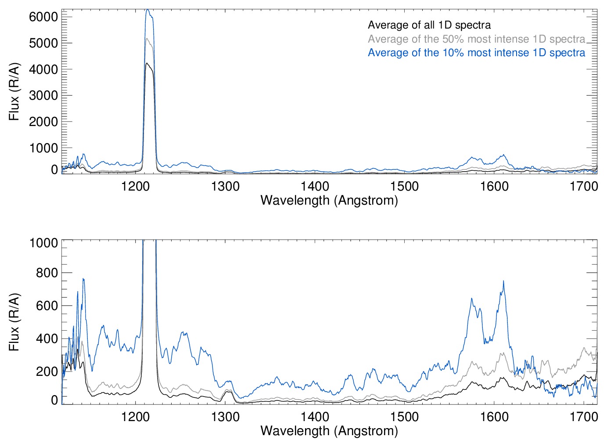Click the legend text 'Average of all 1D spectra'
[429, 25]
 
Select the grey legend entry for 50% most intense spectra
[476, 39]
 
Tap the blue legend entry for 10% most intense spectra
[476, 53]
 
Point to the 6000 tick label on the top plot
[43, 17]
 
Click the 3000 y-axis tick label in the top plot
[43, 95]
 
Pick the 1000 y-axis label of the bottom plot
[43, 243]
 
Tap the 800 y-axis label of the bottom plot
[47, 273]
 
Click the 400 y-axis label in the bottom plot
[47, 339]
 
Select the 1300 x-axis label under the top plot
[225, 186]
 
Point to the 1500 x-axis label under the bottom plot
[404, 416]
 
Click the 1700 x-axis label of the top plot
[584, 186]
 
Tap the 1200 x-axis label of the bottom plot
[135, 416]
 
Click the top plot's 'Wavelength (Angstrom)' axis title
[329, 200]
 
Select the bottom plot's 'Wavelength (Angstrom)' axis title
[329, 431]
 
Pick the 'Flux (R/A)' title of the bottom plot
[14, 322]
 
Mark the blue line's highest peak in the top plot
[148, 10]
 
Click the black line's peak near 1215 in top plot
[148, 63]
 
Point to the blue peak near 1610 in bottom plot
[503, 281]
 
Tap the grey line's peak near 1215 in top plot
[148, 39]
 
